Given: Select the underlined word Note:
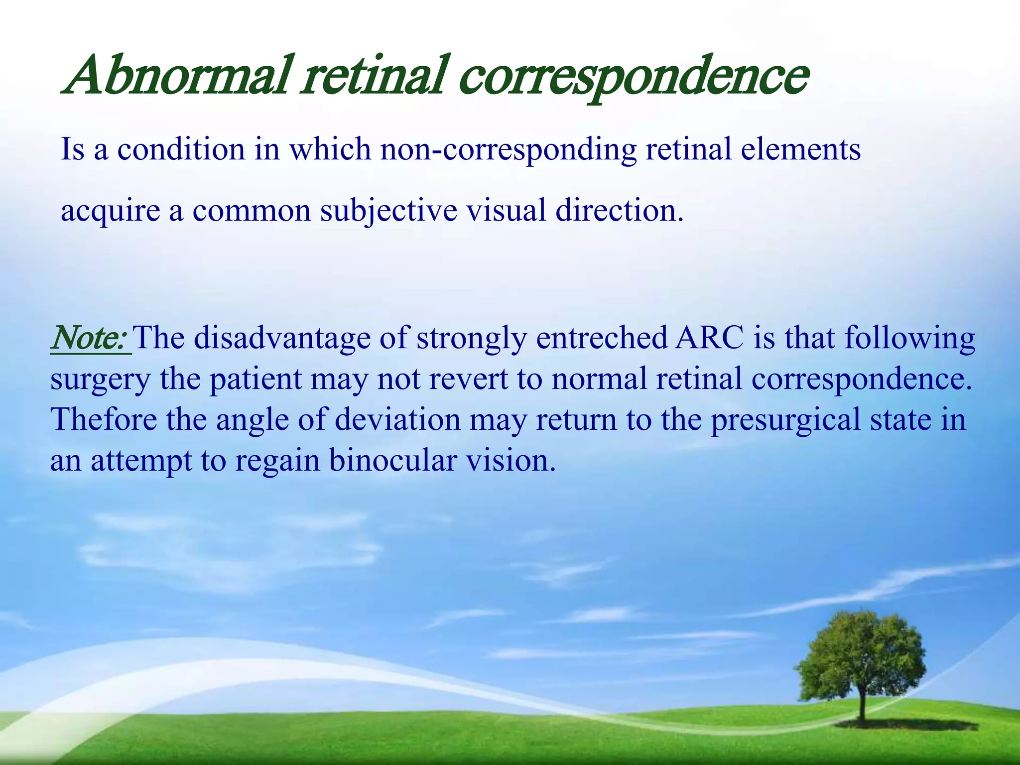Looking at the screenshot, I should click(x=90, y=338).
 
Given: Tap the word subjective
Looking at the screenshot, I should click(x=388, y=210).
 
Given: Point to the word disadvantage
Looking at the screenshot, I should click(x=282, y=338).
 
